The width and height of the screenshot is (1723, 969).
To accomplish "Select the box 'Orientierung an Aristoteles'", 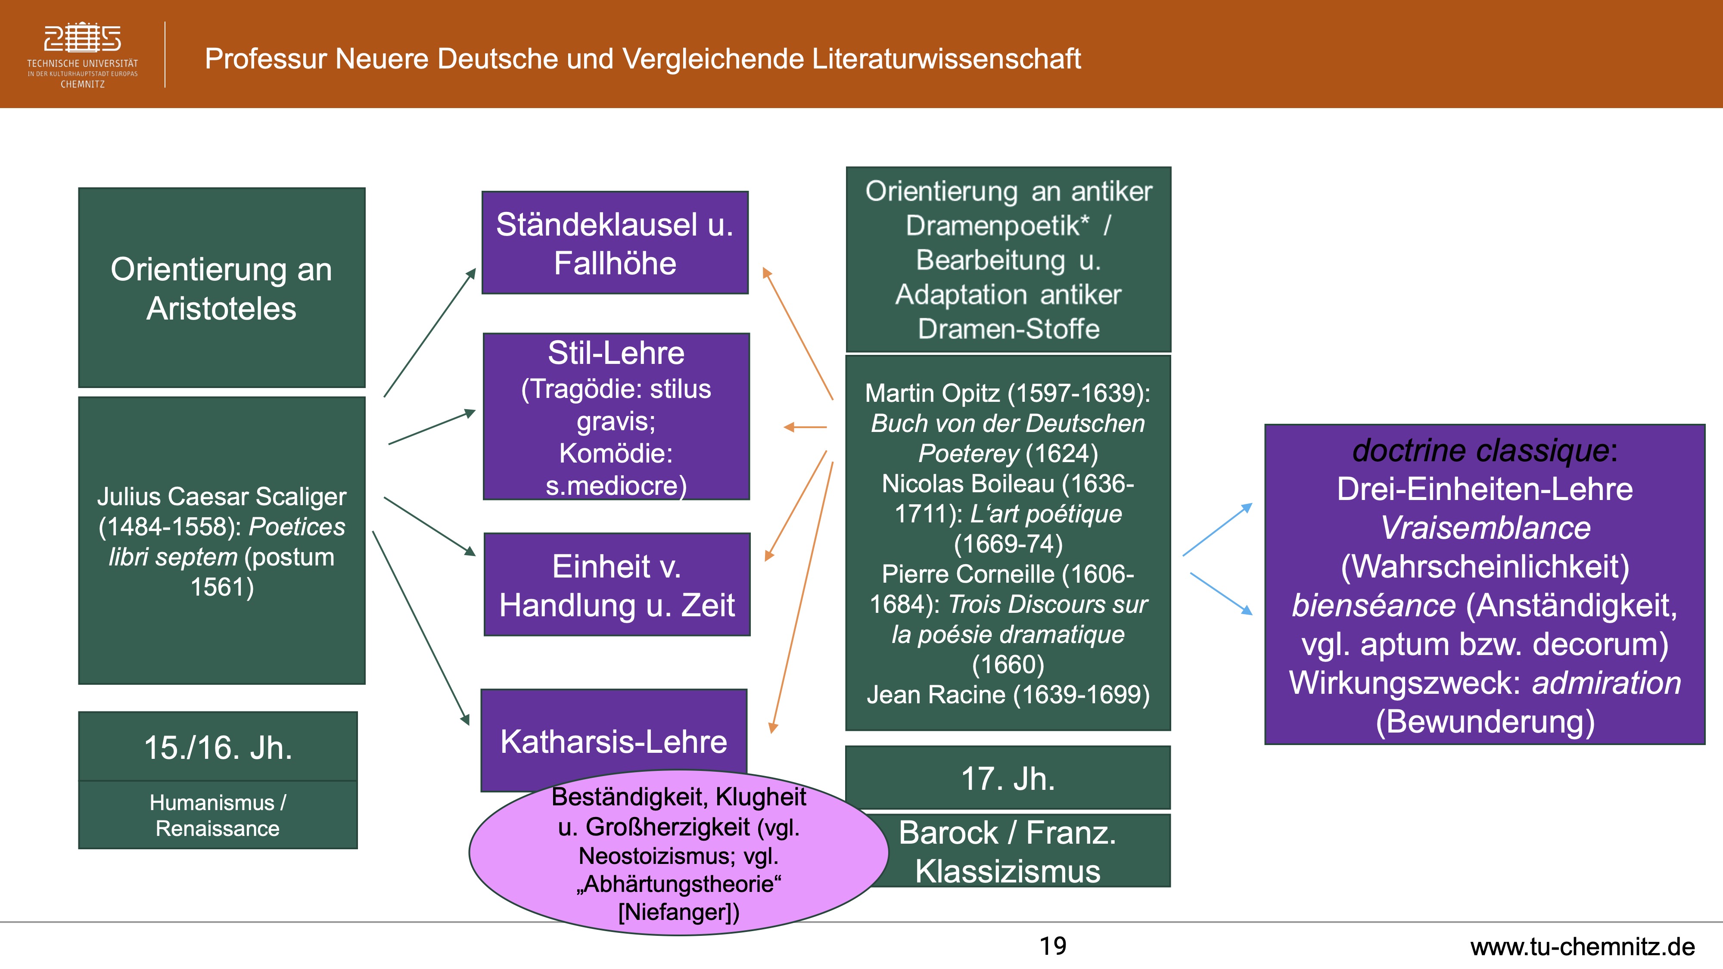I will click(x=221, y=288).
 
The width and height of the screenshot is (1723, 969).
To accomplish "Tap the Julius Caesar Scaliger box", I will click(x=221, y=540).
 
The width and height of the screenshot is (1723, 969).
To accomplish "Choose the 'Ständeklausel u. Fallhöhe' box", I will click(x=615, y=243).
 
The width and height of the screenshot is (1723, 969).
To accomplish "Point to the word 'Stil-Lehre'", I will click(x=616, y=353).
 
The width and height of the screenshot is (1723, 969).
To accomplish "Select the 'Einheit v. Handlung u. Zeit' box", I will click(x=617, y=584).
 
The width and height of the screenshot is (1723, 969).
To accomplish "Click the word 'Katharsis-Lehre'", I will click(x=613, y=742).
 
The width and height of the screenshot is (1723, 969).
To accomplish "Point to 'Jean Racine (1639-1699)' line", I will click(x=1008, y=695).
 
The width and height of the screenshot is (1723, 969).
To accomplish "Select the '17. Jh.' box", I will click(x=1008, y=778).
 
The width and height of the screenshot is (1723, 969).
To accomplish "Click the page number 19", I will click(x=1053, y=946).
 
